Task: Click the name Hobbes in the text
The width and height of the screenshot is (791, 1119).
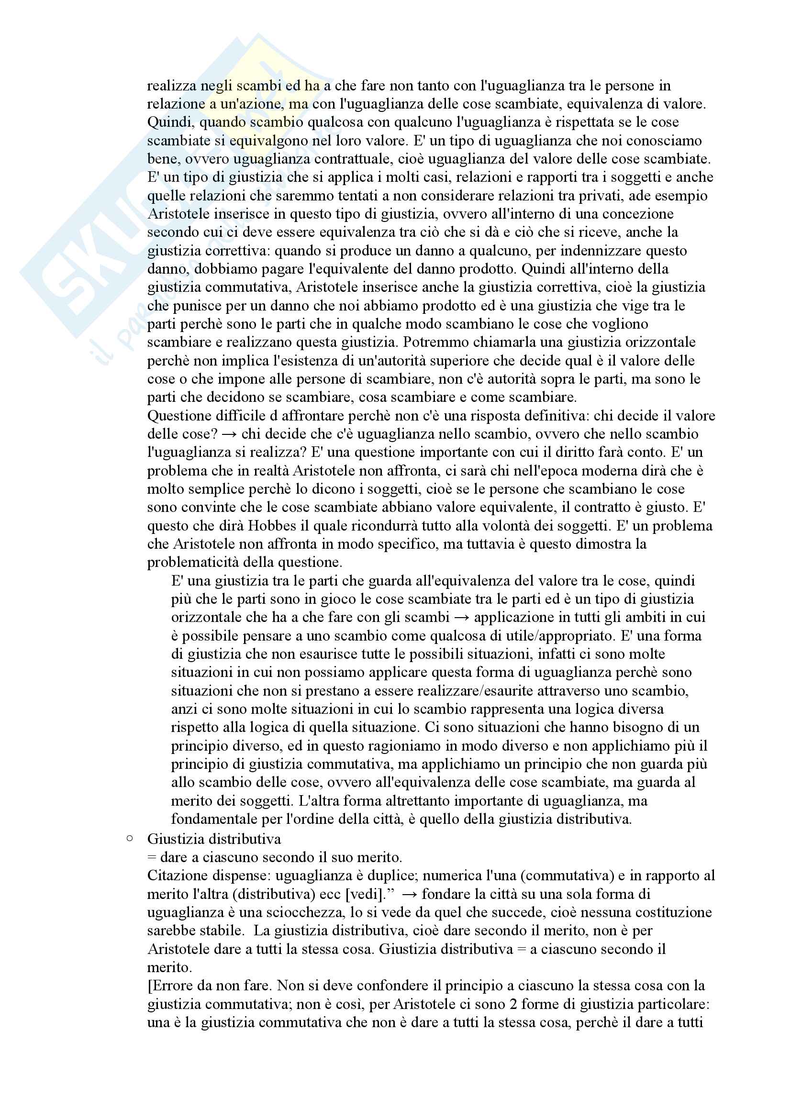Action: coord(272,526)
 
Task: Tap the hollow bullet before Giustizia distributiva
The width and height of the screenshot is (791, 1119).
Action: coord(130,838)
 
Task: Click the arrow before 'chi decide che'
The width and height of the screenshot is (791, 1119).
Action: coord(229,434)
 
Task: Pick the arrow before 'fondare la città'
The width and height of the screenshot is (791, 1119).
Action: coord(409,894)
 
